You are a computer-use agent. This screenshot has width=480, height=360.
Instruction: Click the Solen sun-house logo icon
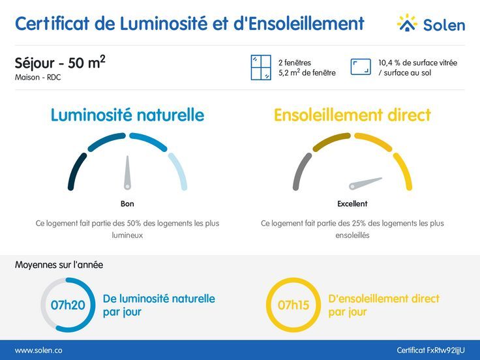(407, 23)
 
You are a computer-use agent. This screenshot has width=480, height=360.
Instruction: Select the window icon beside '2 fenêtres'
(261, 68)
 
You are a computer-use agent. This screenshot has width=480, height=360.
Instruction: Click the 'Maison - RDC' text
(38, 78)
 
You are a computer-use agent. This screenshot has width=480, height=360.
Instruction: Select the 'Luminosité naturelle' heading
(127, 115)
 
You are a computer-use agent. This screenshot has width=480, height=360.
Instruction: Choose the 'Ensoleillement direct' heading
(352, 115)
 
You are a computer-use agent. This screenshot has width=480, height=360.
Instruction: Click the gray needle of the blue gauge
(128, 173)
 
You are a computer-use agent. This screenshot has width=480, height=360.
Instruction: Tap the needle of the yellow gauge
(365, 182)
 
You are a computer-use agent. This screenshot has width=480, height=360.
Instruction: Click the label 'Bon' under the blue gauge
(127, 203)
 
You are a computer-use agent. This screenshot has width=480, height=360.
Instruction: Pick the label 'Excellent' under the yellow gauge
(352, 203)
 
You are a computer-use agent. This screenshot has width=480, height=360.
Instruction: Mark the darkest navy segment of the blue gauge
(76, 171)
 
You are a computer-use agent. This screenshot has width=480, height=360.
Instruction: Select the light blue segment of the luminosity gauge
(178, 171)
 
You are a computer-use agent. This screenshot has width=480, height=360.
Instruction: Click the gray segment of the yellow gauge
(300, 171)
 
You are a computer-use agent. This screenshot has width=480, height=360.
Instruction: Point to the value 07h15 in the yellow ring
(293, 305)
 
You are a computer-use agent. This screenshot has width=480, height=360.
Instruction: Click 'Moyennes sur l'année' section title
(59, 265)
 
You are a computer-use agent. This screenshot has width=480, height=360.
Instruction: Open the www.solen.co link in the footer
(38, 350)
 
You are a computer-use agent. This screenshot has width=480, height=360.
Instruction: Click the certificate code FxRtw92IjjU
(430, 350)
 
